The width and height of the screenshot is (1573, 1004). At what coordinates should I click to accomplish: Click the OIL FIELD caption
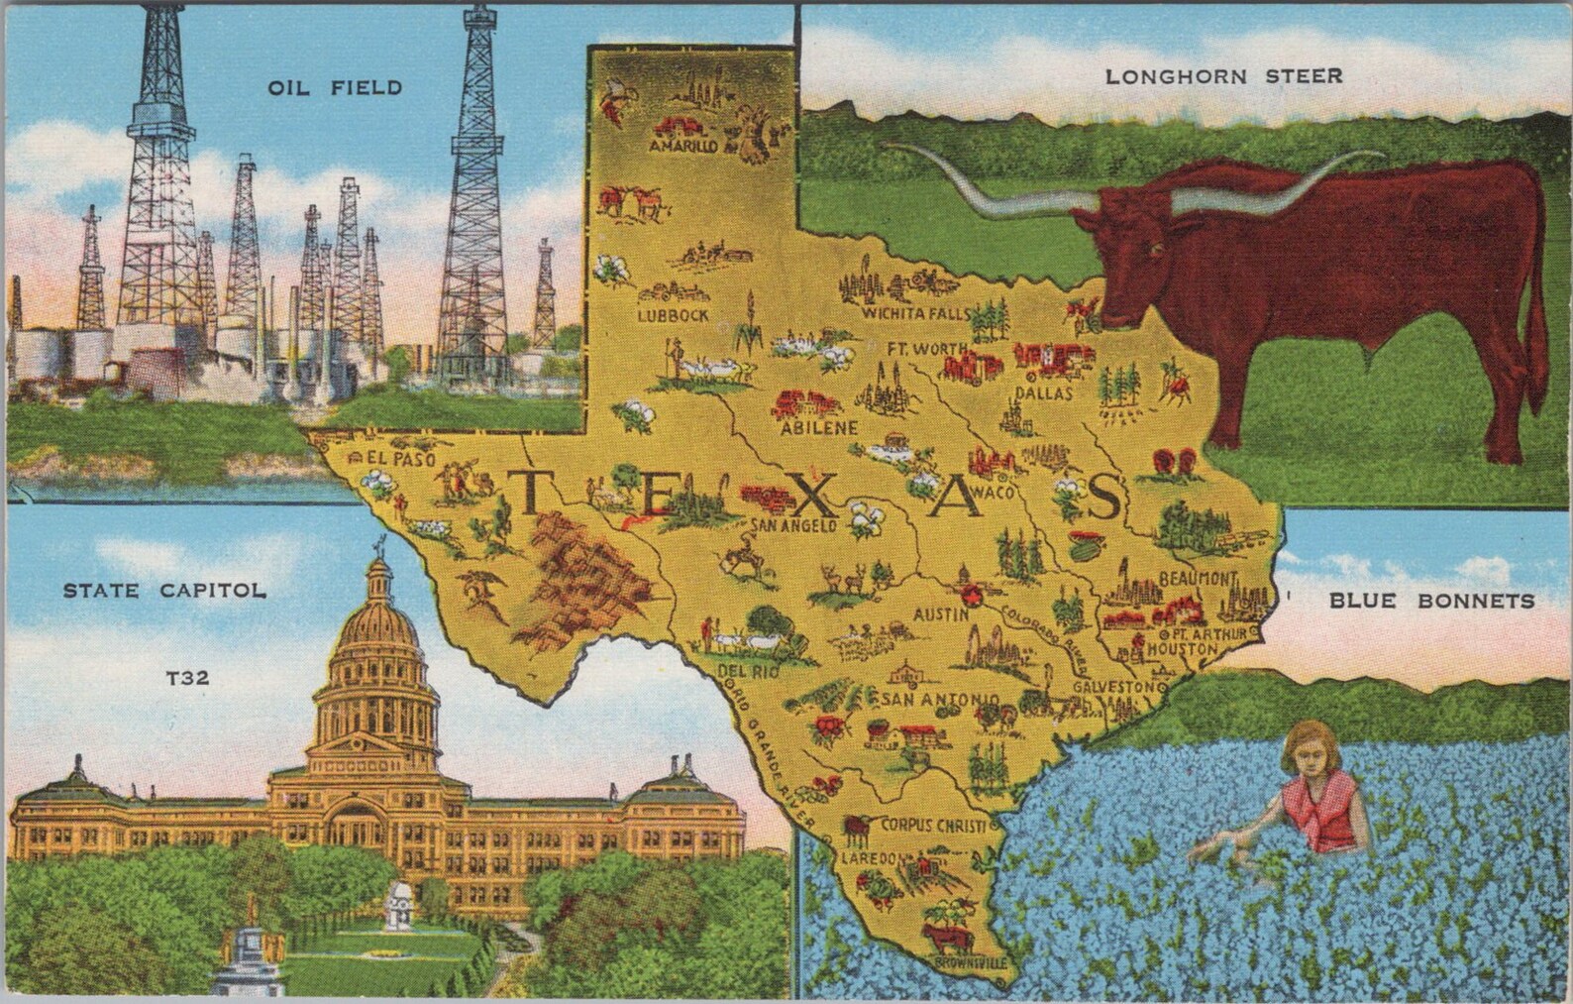tap(335, 88)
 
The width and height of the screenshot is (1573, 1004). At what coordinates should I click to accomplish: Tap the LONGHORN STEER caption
tap(1223, 75)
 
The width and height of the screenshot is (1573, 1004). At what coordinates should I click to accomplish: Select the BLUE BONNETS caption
tap(1431, 601)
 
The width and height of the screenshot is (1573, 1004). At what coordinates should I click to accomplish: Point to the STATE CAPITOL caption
tap(164, 592)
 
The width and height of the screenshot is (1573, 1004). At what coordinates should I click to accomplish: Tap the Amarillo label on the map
tap(681, 146)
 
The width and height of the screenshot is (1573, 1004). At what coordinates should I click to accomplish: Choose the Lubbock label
tap(674, 315)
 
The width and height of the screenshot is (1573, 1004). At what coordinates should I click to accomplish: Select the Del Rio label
tap(739, 671)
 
